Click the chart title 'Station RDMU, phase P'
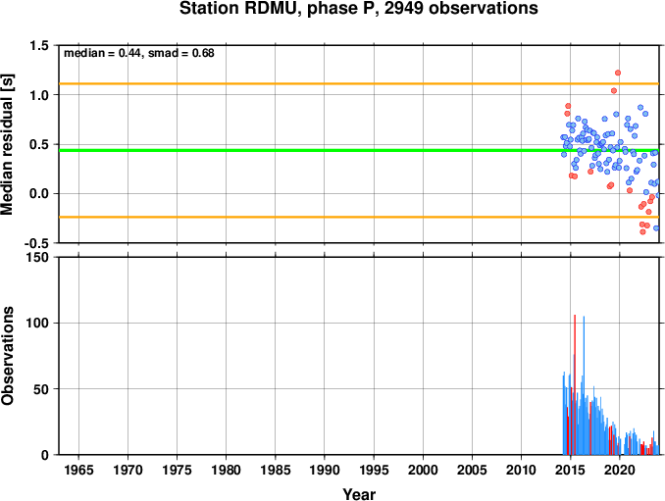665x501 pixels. tap(280, 9)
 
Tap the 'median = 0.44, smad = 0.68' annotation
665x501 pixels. tap(139, 53)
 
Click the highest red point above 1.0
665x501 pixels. tap(618, 73)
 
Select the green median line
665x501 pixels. tap(359, 150)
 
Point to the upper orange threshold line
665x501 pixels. tap(359, 84)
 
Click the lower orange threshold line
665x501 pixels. tap(359, 217)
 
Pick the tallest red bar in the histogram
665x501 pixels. tap(575, 384)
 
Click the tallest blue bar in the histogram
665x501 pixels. tap(584, 385)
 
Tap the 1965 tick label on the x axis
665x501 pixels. tap(78, 470)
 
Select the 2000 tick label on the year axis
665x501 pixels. tap(423, 470)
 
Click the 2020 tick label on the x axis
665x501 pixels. tap(620, 470)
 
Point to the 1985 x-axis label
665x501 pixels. tap(276, 470)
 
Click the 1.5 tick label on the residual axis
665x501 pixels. tap(40, 46)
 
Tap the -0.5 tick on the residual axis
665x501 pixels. tap(36, 243)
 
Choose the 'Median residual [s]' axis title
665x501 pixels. tap(8, 144)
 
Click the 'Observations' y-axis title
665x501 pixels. tap(8, 356)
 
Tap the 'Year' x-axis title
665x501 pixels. tap(359, 494)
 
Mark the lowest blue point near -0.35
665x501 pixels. tap(656, 228)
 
